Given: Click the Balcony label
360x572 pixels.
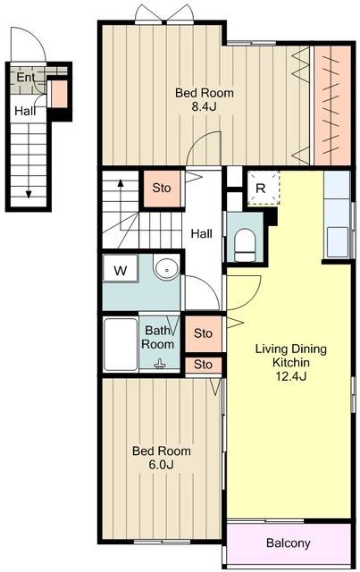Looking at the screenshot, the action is pos(289,543).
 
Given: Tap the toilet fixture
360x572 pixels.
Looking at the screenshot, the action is pos(245,245).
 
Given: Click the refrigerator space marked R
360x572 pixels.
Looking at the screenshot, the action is pos(264,189).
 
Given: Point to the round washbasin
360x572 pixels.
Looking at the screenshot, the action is pos(167,268).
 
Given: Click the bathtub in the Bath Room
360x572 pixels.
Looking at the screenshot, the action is pos(121,345).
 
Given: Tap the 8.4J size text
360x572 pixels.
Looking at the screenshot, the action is pos(205,107).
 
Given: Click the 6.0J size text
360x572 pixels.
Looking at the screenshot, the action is pos(161,465).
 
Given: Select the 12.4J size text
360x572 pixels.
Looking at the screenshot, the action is pos(290,375).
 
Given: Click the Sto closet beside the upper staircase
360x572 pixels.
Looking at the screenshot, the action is pos(162,188).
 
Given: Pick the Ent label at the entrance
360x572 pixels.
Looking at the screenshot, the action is pos(26,78).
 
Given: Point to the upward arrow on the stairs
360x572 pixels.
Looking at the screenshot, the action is pos(120,201).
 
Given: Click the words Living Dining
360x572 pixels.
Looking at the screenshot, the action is pos(290,349).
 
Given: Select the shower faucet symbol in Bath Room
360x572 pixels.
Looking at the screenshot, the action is pos(159,364).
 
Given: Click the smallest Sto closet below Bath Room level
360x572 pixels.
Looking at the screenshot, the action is pos(203,366).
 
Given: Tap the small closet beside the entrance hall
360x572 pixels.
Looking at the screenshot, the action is pos(58,94).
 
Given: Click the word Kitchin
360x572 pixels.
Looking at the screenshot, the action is pos(290,362).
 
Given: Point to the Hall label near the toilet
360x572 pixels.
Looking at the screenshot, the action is pos(202,233).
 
